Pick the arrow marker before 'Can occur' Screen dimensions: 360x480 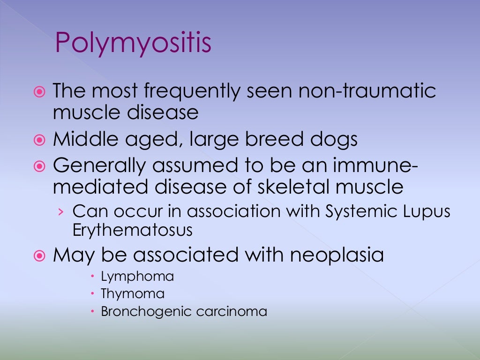point(60,212)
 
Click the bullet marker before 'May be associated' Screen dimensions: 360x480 point(40,256)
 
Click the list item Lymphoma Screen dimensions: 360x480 point(137,277)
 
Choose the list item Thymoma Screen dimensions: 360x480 point(133,294)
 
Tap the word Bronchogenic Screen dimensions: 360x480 point(144,312)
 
